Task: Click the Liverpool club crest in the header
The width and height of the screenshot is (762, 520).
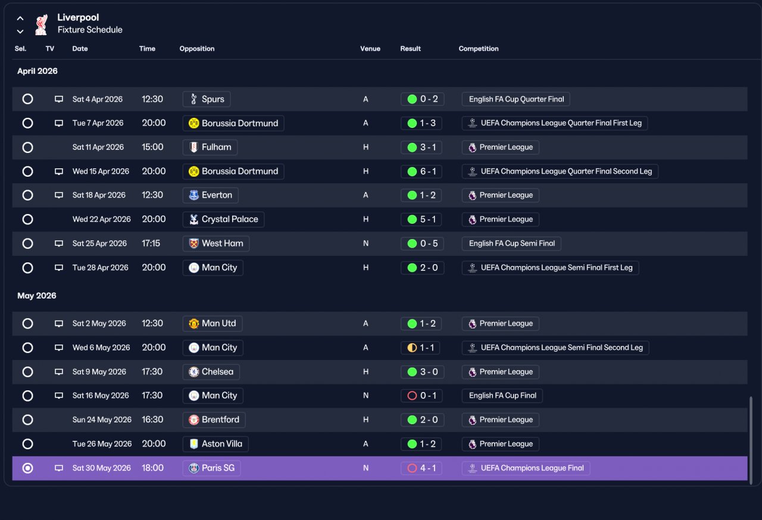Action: (42, 24)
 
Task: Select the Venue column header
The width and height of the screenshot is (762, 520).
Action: (370, 49)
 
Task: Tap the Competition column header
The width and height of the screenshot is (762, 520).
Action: (478, 49)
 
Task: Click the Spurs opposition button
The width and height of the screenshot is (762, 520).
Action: (207, 99)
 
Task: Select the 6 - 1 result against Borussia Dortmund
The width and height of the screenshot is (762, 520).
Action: (421, 171)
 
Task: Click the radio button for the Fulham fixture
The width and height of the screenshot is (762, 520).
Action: (27, 147)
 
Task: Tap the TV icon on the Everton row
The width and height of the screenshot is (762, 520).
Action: (59, 195)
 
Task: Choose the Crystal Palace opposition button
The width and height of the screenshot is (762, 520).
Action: (223, 219)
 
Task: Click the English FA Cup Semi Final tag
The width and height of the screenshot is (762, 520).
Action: (511, 243)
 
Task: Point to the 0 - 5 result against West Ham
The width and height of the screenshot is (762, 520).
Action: (423, 243)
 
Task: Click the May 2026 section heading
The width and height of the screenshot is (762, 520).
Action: (37, 296)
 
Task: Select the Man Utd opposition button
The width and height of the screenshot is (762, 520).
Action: (213, 323)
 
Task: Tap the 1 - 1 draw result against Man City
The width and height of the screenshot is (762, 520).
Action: (420, 347)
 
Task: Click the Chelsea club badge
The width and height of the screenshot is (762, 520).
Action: (194, 372)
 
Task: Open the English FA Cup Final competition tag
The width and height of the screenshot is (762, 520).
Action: (502, 396)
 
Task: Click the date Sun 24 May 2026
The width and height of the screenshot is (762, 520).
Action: (102, 419)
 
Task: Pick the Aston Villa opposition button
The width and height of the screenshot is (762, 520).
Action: (216, 444)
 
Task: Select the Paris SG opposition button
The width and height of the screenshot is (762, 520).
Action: (211, 468)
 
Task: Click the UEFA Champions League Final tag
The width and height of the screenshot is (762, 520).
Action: (526, 468)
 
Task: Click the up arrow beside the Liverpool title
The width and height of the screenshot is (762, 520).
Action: (20, 18)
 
